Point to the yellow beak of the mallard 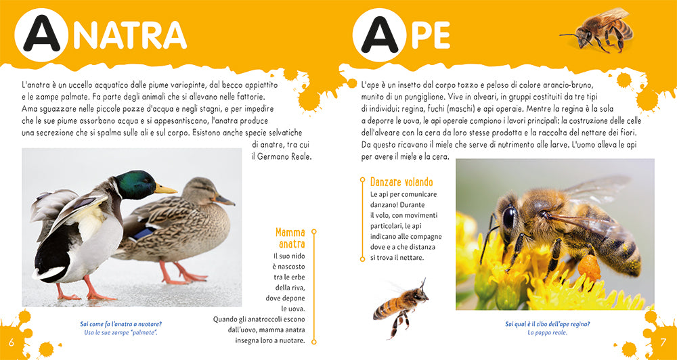click(165, 189)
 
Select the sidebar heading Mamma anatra click(290, 238)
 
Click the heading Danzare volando click(401, 182)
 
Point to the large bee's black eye click(508, 217)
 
